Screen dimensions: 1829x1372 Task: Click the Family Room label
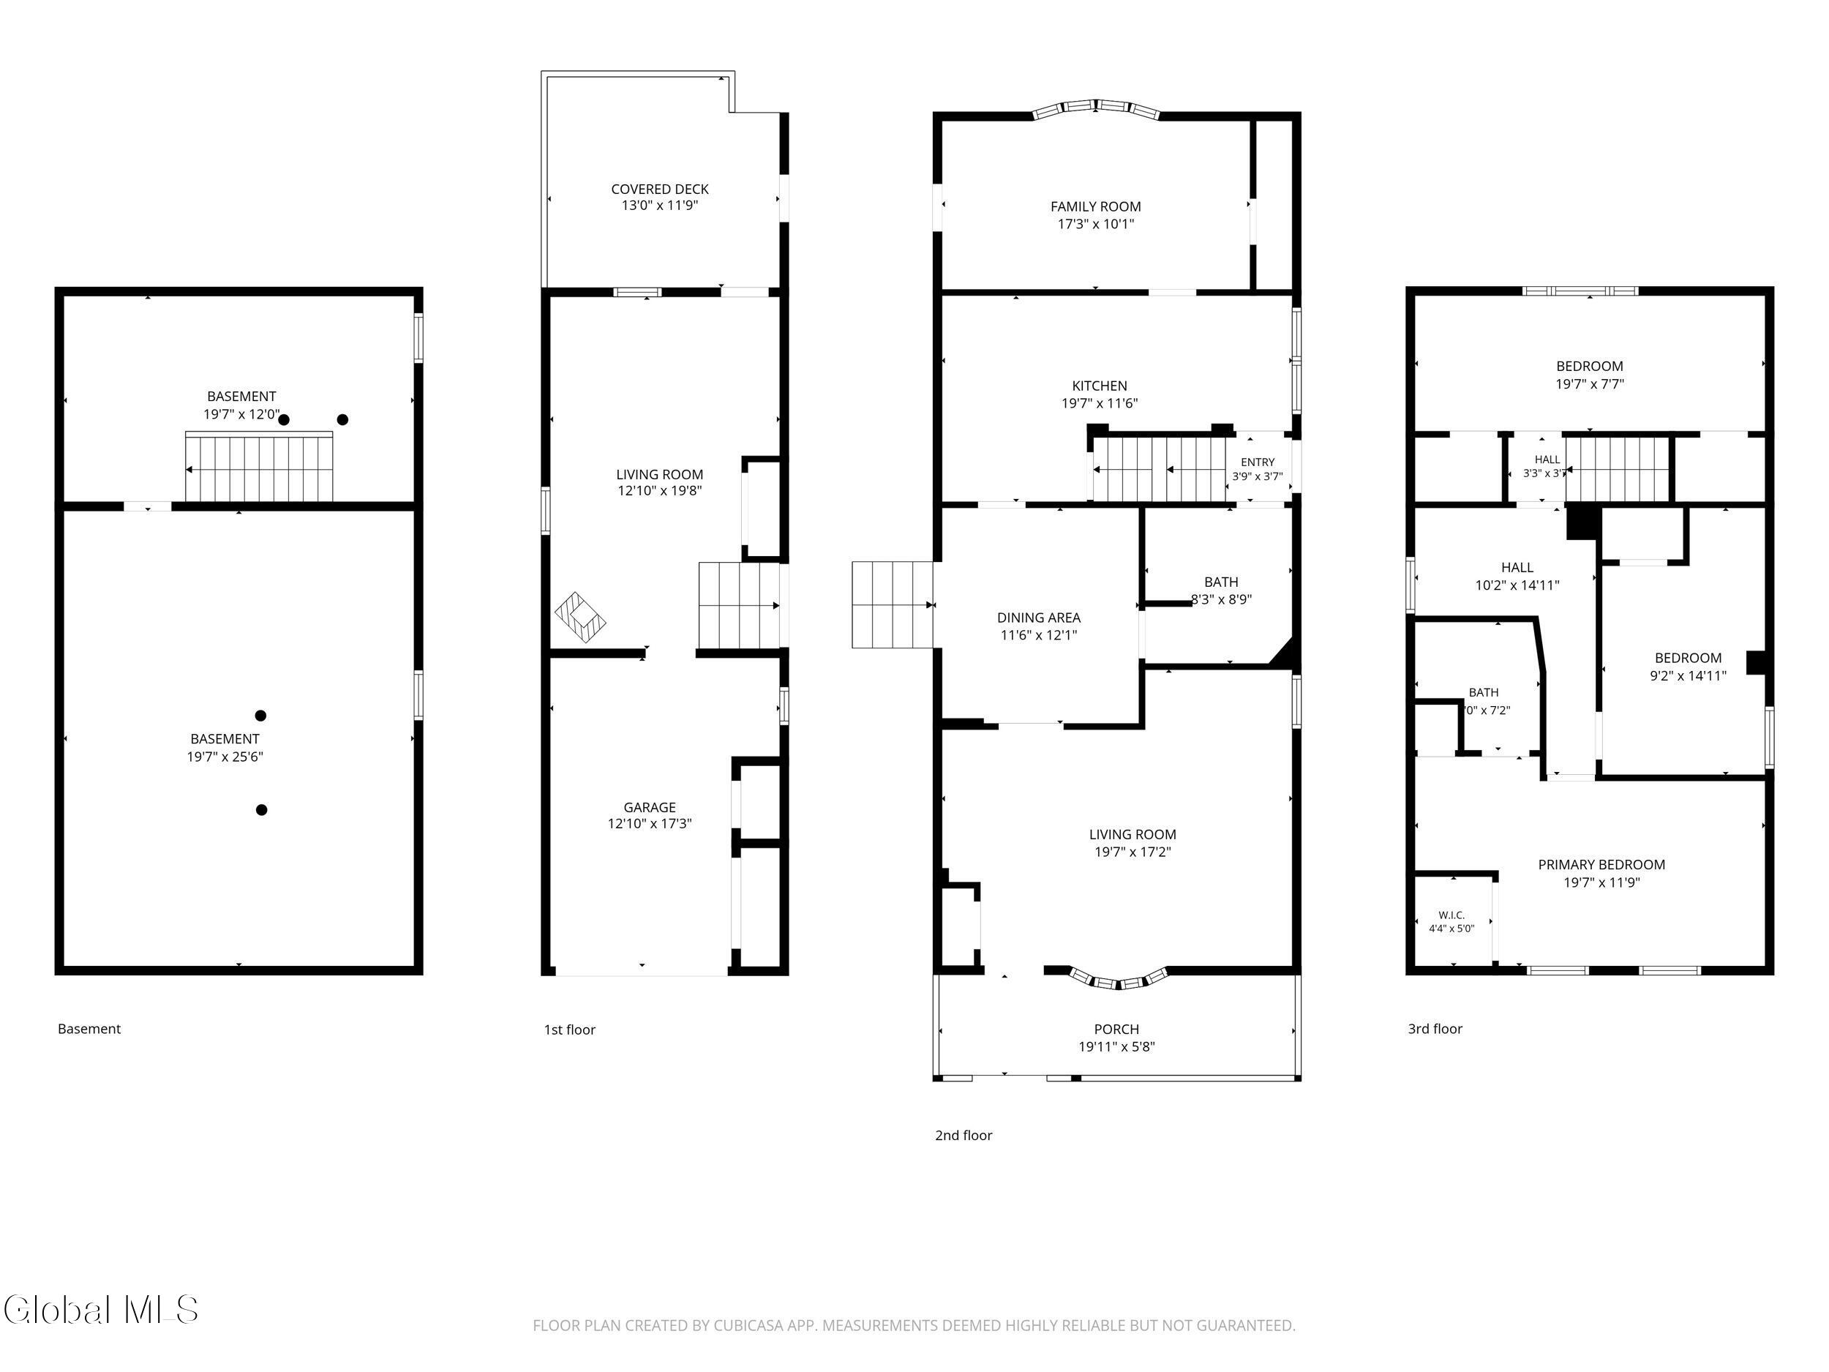1096,207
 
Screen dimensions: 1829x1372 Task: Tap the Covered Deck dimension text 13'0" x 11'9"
660,205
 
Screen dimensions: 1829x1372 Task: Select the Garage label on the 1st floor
650,807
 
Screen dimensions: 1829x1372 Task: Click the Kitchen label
1100,386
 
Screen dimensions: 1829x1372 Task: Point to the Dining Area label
1039,618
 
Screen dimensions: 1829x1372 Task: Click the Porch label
1116,1029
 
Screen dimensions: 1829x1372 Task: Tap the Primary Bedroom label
1601,865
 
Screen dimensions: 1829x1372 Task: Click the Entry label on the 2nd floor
1258,462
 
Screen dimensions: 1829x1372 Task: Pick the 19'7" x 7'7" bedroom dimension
1590,383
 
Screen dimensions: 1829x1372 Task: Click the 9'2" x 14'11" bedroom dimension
1688,675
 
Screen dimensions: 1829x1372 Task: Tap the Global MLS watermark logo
101,1310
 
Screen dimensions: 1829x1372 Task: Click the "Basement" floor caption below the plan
89,1029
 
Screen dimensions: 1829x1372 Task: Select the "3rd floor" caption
1435,1029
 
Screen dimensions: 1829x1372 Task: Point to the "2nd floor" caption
964,1136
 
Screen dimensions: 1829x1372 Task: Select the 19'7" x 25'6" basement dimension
225,757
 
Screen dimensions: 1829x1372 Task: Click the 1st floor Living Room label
660,475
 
